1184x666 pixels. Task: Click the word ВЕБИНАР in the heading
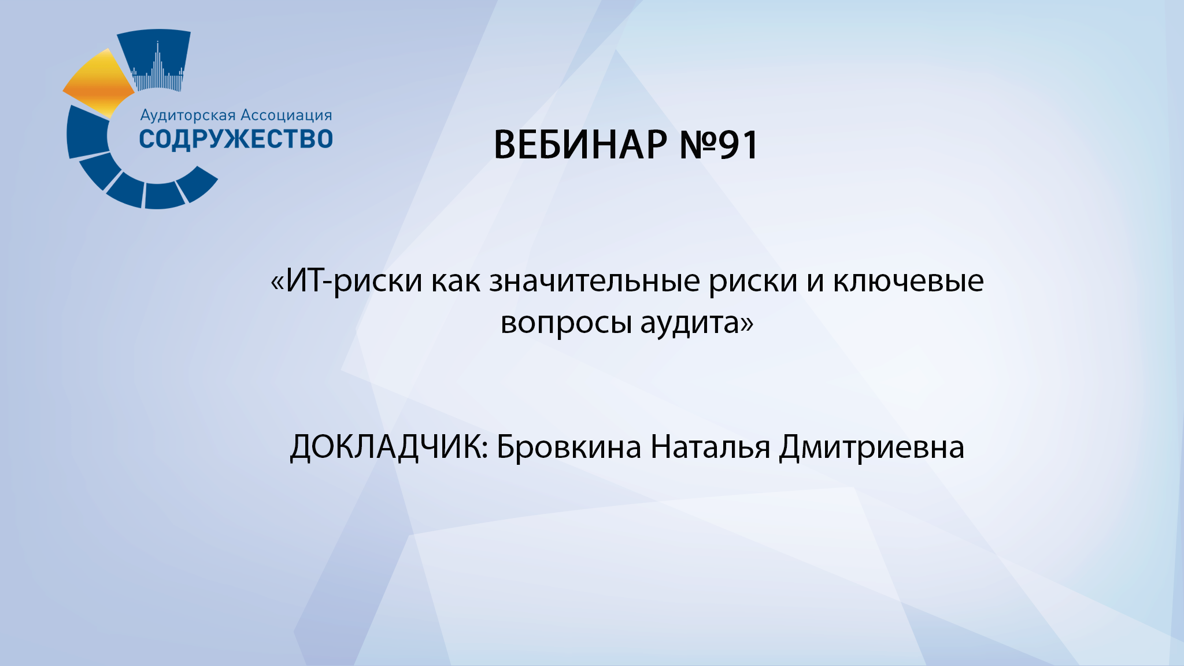[580, 145]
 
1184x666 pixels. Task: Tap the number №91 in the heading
[719, 145]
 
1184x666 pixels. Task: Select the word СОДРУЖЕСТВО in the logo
[236, 139]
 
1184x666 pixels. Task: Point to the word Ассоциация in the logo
[286, 115]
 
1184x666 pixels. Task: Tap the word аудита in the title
[689, 323]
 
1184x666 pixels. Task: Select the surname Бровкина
[569, 447]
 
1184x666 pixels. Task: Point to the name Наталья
[710, 447]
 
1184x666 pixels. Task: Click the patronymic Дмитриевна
[871, 447]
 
